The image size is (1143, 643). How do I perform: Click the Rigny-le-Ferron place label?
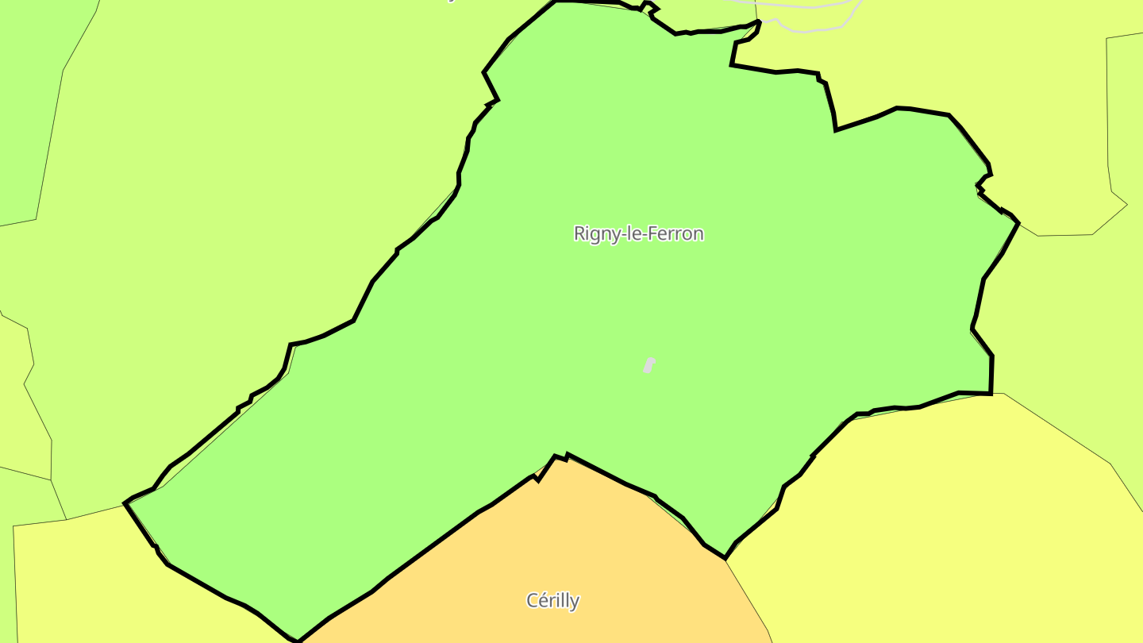point(638,233)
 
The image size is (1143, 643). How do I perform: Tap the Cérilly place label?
point(552,600)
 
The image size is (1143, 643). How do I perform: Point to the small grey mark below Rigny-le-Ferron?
point(648,365)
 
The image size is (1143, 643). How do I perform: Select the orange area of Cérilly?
point(556,540)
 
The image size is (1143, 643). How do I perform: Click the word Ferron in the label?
point(677,233)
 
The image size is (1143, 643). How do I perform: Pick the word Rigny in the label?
point(594,234)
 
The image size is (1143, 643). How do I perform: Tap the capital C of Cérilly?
point(533,600)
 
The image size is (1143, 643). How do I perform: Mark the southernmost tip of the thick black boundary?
point(298,641)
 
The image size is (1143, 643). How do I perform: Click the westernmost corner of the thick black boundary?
point(125,502)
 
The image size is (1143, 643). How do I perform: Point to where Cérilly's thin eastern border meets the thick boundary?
point(725,559)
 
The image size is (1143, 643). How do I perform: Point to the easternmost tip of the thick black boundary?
point(1018,223)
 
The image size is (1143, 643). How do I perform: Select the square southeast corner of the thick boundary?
point(991,393)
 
